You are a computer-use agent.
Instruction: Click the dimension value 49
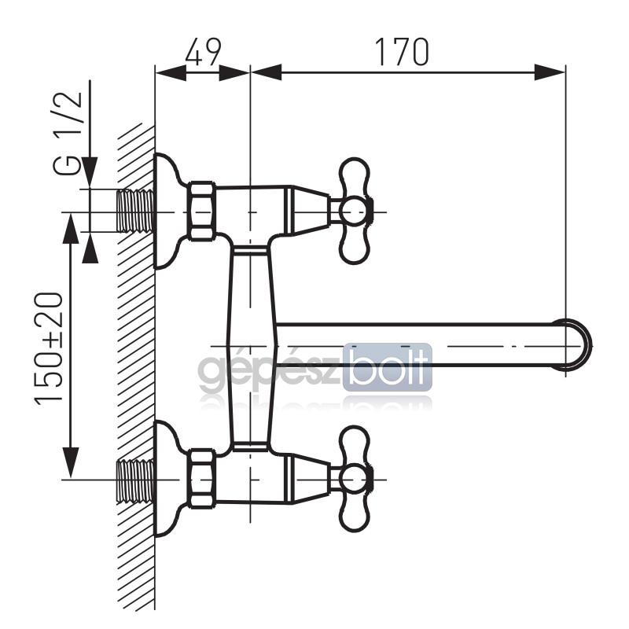point(203,52)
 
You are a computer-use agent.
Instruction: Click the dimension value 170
point(402,52)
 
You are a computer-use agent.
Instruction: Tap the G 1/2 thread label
point(68,134)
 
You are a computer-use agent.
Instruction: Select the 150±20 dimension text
point(49,348)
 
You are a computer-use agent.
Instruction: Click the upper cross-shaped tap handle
point(354,211)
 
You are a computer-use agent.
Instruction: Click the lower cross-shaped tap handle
point(354,480)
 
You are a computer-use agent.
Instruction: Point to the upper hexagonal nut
point(201,212)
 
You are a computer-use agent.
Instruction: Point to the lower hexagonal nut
point(201,480)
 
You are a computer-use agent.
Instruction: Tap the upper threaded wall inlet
point(135,211)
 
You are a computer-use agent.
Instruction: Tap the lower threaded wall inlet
point(135,480)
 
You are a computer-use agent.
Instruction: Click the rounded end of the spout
point(578,345)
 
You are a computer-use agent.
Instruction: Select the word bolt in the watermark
point(388,367)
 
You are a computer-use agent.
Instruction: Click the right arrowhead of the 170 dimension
point(549,72)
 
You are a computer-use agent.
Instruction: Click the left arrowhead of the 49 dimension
point(171,72)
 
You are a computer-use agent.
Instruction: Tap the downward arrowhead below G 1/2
point(90,172)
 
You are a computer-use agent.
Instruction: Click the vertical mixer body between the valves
point(252,345)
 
